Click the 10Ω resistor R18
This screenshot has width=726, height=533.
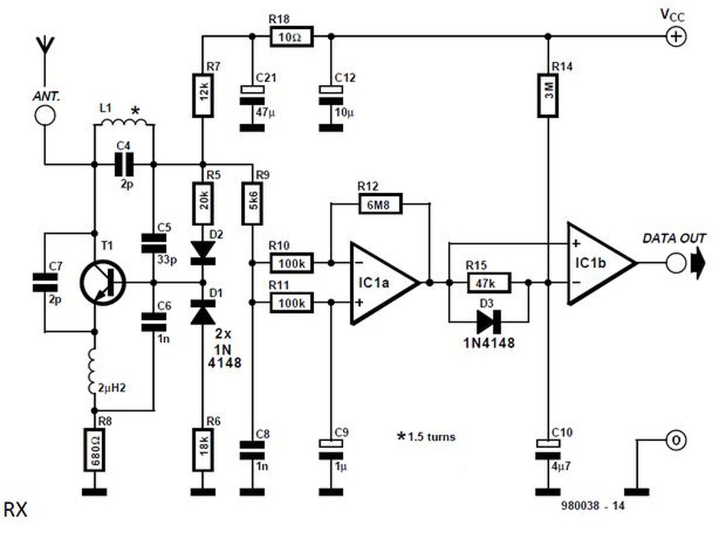(x=292, y=37)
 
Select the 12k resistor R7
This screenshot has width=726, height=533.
(x=203, y=96)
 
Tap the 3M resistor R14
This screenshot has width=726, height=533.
(x=548, y=96)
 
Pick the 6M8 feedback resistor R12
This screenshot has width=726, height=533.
(x=381, y=204)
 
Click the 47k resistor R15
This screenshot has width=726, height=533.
(x=489, y=283)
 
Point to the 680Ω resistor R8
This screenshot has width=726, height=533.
(x=94, y=450)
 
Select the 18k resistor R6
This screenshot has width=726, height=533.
(x=203, y=450)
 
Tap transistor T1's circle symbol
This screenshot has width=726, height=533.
(x=103, y=283)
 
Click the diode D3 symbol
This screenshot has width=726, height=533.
(x=489, y=322)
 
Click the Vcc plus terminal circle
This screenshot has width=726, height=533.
(x=676, y=37)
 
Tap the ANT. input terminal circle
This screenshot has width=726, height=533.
(x=45, y=115)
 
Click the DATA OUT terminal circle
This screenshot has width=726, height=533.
(x=676, y=263)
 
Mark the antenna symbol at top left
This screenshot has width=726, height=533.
(x=45, y=52)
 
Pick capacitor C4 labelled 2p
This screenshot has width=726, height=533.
(x=124, y=165)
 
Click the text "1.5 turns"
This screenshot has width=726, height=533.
(x=432, y=437)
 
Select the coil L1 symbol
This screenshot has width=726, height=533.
(x=124, y=122)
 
